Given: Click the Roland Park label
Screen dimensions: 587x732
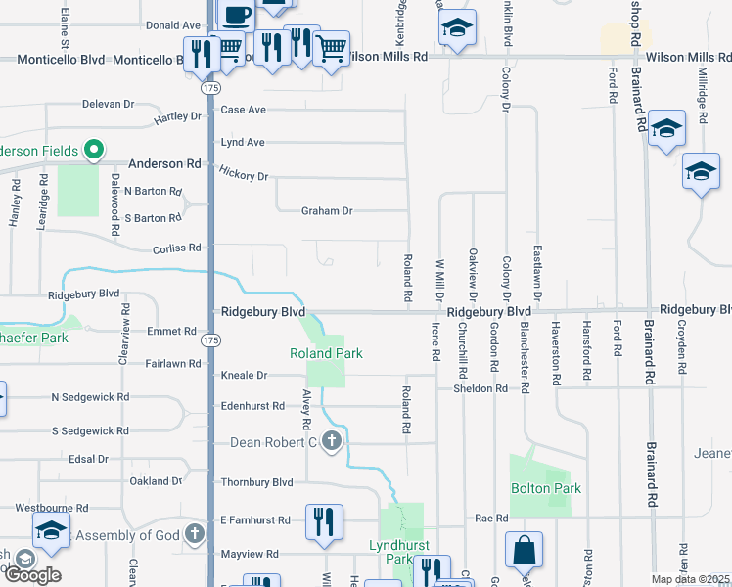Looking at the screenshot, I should click(326, 353).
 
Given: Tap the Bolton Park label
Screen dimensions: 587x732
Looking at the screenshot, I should click(545, 488).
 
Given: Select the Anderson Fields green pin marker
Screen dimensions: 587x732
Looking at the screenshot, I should click(94, 150).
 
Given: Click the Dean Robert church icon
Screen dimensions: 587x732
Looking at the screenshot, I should click(332, 441).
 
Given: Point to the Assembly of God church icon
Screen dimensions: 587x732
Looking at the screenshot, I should click(195, 534).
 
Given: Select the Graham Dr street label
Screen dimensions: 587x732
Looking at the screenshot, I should click(326, 210).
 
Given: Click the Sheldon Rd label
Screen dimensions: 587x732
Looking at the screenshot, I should click(480, 388).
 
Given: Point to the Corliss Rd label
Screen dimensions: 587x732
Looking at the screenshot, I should click(176, 248).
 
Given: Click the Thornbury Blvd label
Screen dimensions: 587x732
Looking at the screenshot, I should click(256, 482).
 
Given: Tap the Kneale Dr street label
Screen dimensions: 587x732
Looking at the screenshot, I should click(244, 375).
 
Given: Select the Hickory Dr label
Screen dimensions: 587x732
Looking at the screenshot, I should click(244, 175).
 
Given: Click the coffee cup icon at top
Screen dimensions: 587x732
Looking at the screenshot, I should click(236, 14).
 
